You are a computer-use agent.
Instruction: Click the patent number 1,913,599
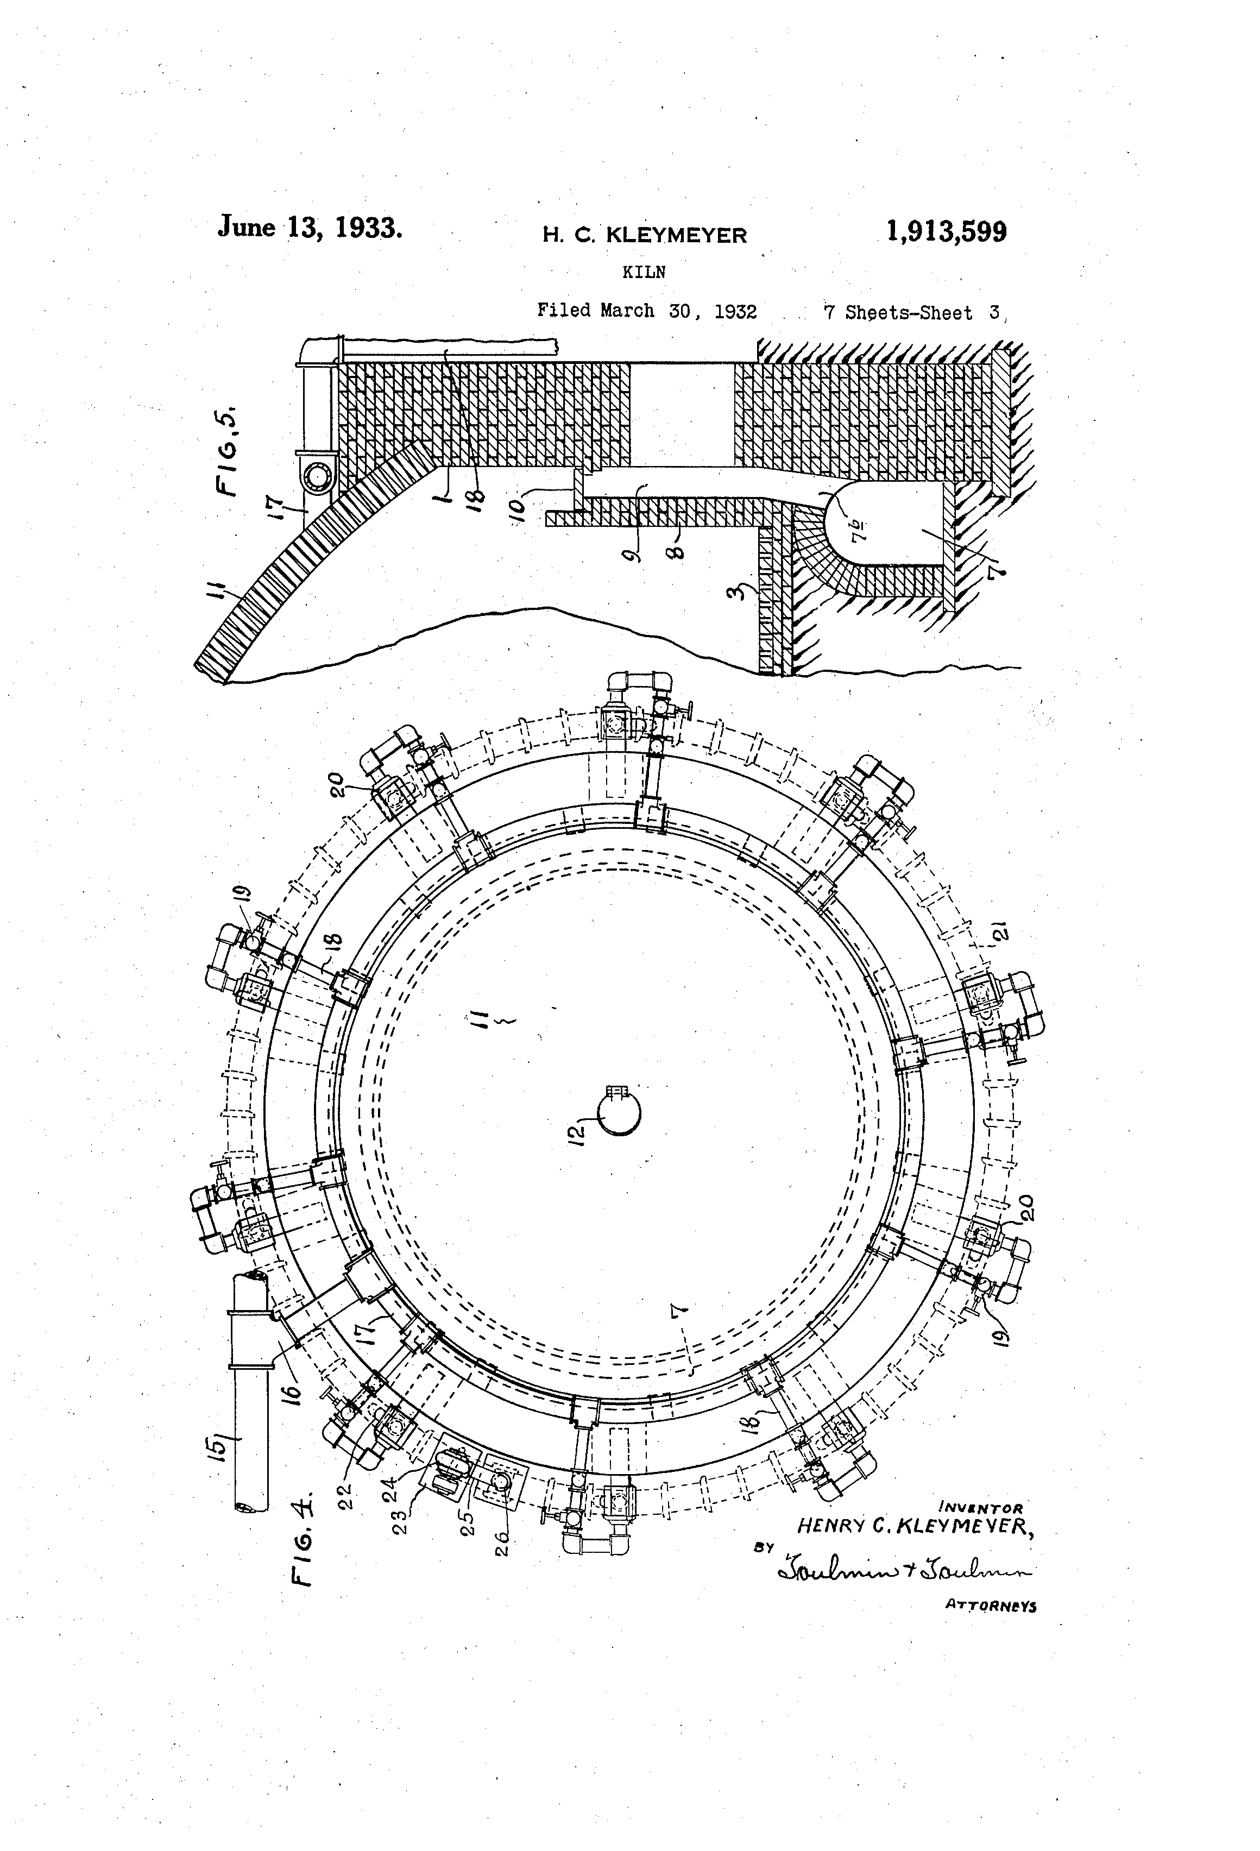(x=946, y=232)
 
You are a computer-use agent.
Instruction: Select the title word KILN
(x=644, y=272)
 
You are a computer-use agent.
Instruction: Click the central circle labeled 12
(x=620, y=1115)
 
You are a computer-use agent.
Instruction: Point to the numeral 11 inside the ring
(x=480, y=1019)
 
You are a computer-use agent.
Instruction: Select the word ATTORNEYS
(x=990, y=1606)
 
